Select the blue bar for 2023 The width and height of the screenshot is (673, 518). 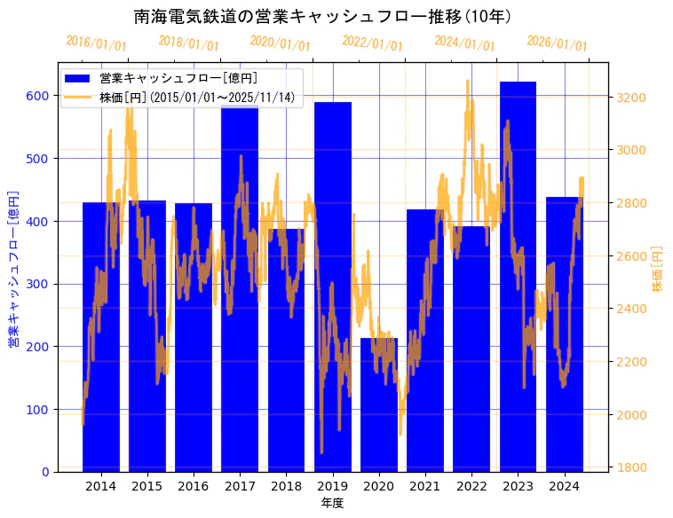click(518, 284)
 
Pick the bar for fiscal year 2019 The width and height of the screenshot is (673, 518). click(332, 293)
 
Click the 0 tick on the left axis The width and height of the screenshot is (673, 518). click(47, 472)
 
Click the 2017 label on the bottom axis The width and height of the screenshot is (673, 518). click(240, 486)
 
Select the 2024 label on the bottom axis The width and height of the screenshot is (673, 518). click(564, 486)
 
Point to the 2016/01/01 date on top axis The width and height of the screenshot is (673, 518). click(97, 43)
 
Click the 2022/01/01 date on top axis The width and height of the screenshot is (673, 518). click(373, 43)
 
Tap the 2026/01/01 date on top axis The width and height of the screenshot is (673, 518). click(557, 43)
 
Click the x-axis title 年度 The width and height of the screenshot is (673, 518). click(332, 503)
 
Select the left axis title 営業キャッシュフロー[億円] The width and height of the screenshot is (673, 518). click(14, 269)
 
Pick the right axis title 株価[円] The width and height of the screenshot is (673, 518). click(658, 269)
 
